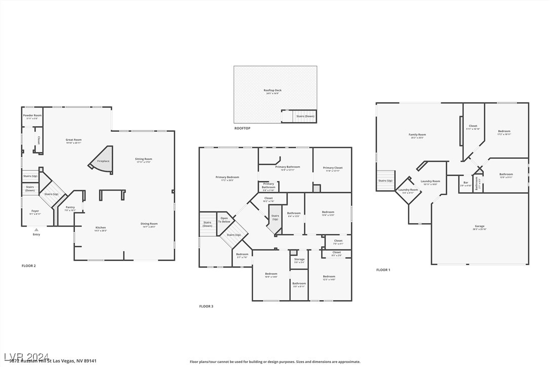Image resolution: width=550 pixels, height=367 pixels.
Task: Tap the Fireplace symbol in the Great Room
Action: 102,161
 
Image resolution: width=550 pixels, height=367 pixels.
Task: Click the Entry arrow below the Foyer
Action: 36,230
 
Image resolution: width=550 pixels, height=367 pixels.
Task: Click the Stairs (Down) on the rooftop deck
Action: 305,116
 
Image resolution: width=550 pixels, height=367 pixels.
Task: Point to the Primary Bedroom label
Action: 227,178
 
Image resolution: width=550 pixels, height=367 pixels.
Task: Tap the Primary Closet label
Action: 333,168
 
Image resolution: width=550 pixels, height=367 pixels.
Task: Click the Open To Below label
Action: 224,219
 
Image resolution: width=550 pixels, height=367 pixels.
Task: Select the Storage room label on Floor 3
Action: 299,260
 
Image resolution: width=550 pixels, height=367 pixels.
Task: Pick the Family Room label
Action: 417,135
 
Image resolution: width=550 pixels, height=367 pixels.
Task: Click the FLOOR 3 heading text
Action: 206,306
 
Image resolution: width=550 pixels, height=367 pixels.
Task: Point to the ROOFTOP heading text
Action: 242,128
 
